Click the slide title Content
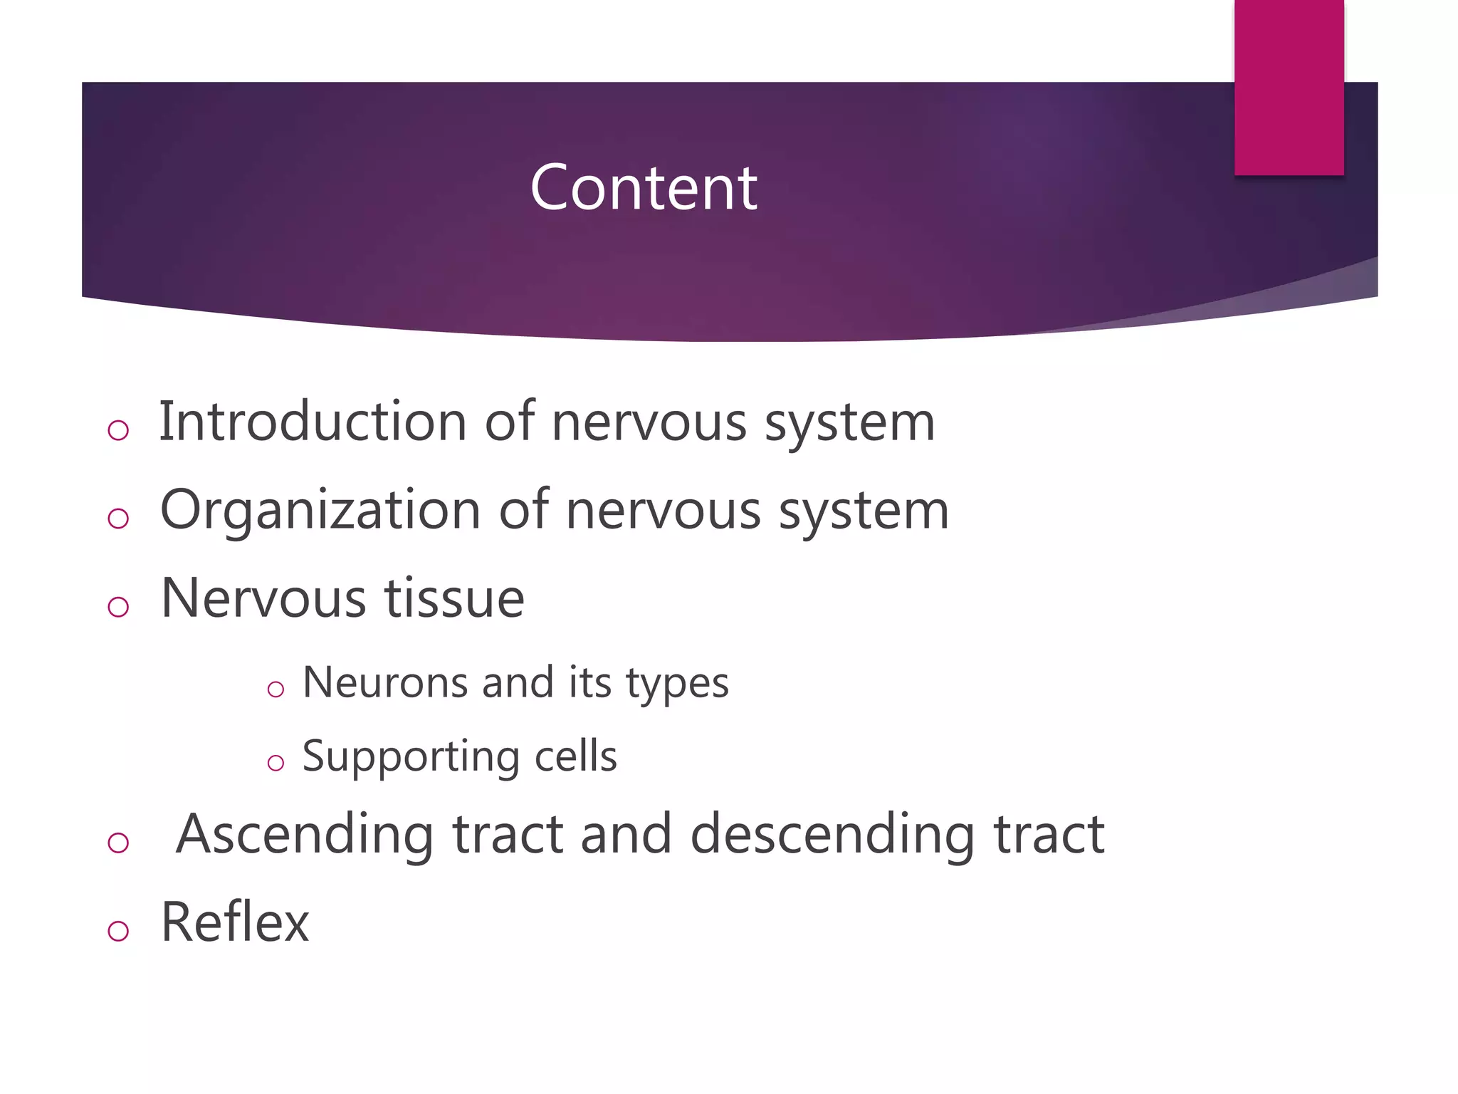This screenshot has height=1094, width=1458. coord(644,187)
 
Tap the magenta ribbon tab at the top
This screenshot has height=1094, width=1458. coord(1289,87)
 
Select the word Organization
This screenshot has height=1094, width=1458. coord(320,511)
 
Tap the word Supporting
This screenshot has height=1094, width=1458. coord(410,757)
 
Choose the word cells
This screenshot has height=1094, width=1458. coord(575,756)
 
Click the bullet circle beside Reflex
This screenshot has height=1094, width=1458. coord(118,930)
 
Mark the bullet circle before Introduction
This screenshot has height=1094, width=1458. coord(118,429)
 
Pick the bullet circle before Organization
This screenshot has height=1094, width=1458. coord(118,519)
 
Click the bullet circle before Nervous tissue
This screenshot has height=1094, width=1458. coord(118,607)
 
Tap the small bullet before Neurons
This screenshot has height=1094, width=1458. coord(276,689)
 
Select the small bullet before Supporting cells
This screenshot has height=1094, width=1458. coord(276,764)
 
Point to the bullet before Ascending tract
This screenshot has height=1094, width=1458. coord(118,843)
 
